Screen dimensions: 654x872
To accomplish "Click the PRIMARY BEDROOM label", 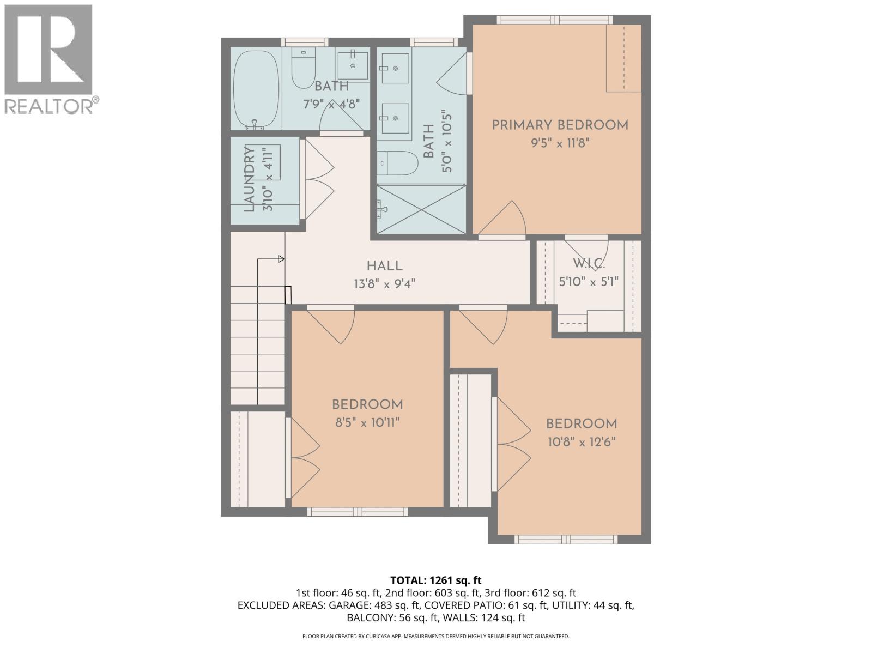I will tap(560, 125).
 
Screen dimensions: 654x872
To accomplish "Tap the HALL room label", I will tap(384, 266).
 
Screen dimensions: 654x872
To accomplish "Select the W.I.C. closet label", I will tap(589, 264).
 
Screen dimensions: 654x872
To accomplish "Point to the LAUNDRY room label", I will tap(250, 180).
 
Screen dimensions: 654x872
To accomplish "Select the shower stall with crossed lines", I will tap(421, 210).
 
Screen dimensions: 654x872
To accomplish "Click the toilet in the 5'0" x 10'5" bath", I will tap(398, 163).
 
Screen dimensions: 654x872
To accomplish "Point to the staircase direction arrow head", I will tap(282, 259).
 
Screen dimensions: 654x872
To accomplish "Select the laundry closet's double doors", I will tap(318, 180).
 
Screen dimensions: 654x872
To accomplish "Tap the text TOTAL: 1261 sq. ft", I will tap(435, 580).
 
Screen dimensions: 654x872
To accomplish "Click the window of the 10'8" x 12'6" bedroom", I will tap(566, 540).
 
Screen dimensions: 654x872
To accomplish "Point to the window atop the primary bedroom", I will tap(555, 20).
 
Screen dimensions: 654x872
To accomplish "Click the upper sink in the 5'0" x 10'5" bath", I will tap(395, 68).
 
